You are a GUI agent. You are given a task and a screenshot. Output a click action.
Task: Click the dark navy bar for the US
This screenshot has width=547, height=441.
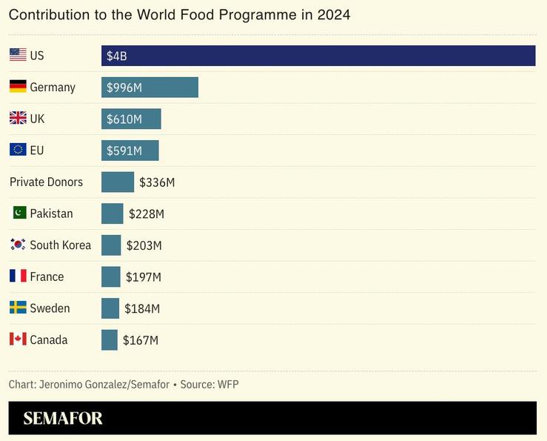pos(318,56)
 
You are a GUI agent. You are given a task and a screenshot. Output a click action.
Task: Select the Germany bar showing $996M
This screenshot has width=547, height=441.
pos(150,87)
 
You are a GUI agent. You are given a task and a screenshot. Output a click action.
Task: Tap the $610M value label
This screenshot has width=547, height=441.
pos(124,119)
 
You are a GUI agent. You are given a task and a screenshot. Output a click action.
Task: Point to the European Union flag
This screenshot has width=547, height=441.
pos(18,150)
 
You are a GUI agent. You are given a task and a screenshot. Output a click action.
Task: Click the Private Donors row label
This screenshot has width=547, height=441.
pos(46,182)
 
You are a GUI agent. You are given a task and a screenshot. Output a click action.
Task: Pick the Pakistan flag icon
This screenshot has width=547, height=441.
pos(19,213)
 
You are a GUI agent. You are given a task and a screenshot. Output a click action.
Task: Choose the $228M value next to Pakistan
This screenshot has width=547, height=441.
pos(146,214)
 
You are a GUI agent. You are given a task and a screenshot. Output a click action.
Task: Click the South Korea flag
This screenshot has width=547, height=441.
pos(18,245)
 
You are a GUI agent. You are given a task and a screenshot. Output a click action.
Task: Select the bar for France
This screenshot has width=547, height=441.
pos(110,277)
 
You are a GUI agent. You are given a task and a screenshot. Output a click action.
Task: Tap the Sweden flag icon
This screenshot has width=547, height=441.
pos(18,308)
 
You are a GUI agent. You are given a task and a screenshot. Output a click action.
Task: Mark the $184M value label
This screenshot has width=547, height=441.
pos(142,309)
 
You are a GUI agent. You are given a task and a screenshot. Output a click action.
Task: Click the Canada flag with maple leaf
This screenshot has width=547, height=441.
pos(18,339)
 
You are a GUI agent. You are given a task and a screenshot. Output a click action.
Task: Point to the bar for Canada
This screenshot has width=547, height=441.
pos(110,340)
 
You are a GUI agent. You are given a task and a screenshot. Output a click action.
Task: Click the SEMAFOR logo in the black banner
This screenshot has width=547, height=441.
pos(63,418)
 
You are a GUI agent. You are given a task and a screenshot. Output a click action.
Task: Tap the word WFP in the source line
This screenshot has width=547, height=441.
pos(228,384)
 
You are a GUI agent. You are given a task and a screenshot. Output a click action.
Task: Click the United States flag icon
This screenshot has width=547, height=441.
pos(18,55)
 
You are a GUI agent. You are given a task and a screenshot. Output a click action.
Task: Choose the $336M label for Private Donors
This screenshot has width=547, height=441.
pos(157,182)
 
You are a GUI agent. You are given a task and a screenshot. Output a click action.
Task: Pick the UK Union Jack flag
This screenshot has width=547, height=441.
pos(18,119)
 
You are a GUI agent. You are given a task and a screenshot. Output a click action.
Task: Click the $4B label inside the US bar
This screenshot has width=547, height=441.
pos(117,56)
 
